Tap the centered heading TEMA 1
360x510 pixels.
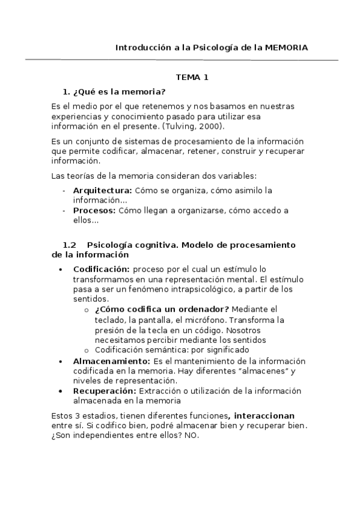click(x=192, y=78)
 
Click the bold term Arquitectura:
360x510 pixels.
click(x=103, y=191)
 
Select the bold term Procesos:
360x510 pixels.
click(x=95, y=210)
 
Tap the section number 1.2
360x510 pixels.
click(x=70, y=245)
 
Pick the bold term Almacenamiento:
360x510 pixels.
click(x=112, y=361)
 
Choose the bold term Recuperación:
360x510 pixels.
click(x=105, y=390)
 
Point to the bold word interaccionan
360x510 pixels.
click(x=264, y=416)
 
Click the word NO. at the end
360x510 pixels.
click(x=191, y=435)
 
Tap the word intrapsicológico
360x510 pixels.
click(x=195, y=289)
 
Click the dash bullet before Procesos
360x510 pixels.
click(x=64, y=210)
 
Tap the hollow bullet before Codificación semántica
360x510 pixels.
click(x=87, y=350)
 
